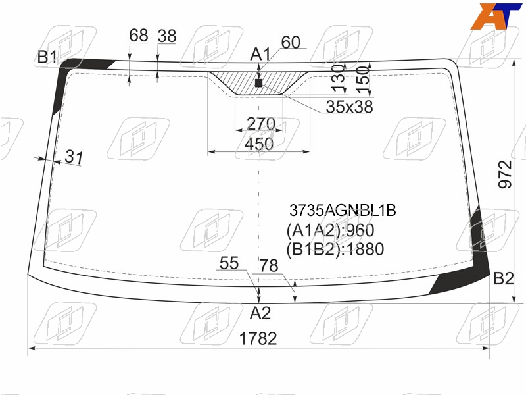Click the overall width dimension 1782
tap(258, 338)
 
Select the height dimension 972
tap(505, 174)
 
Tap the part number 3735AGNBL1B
tap(343, 211)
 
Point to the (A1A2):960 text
tap(330, 230)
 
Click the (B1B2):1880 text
tap(335, 250)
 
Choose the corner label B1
tap(47, 57)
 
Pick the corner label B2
tap(504, 278)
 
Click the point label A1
tap(260, 55)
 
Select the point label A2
tap(260, 313)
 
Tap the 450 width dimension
tap(258, 144)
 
